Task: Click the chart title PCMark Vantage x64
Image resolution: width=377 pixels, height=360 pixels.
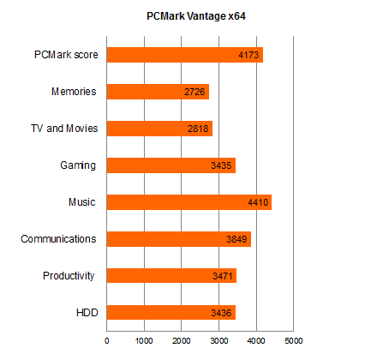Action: point(196,16)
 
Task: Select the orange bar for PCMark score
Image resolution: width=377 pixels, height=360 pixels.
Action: point(185,55)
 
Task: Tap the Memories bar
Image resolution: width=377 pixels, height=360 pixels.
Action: point(158,92)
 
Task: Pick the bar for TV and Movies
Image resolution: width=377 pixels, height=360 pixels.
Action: point(159,129)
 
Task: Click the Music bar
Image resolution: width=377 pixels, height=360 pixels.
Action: point(189,202)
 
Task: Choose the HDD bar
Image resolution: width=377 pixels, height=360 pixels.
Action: point(171,313)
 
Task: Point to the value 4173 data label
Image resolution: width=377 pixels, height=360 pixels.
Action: point(248,55)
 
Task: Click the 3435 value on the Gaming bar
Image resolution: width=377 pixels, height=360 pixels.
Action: point(221,165)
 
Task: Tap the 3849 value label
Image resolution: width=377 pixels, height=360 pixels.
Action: point(236,239)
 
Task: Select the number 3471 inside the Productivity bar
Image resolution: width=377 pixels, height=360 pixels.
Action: point(223,276)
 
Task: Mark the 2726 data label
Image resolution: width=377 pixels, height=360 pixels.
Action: point(194,92)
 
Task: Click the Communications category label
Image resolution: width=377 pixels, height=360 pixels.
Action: point(58,239)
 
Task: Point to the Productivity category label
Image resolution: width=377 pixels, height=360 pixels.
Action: point(69,276)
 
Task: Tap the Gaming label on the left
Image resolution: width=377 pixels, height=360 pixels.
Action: point(78,165)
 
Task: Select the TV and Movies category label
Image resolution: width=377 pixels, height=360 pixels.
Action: point(64,129)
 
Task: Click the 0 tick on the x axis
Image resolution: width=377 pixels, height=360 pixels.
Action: point(107,341)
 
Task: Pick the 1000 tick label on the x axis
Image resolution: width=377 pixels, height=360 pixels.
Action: point(144,341)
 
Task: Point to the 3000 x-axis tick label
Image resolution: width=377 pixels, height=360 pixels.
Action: point(218,341)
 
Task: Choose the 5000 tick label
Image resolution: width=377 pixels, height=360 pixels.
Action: point(294,341)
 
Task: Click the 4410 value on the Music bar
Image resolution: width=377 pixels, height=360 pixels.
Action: point(258,202)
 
